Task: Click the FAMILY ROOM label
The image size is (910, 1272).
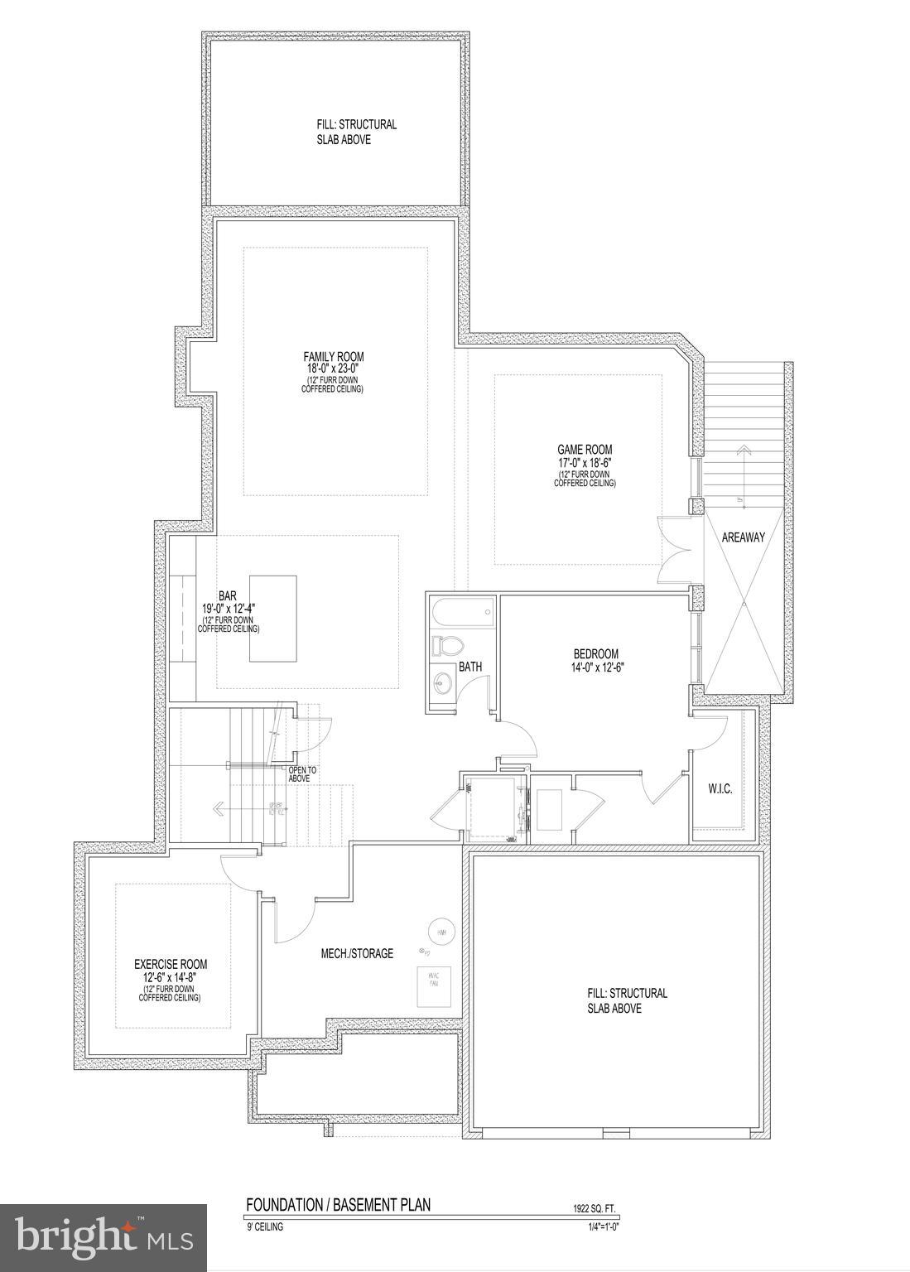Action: [x=333, y=357]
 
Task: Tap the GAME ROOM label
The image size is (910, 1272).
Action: [x=584, y=450]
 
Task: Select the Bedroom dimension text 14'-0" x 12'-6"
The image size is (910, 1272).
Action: [x=595, y=666]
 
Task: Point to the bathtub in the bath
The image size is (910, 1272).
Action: [x=462, y=614]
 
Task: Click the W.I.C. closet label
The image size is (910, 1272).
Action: [x=720, y=789]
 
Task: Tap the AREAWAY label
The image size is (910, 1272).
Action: [x=743, y=537]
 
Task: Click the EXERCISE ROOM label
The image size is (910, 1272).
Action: [x=171, y=964]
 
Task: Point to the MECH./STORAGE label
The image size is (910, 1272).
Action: [x=357, y=953]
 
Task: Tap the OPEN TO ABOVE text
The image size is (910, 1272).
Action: [x=302, y=773]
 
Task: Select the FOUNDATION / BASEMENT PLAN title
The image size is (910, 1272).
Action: [x=338, y=1205]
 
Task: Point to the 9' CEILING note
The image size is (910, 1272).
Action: [x=264, y=1227]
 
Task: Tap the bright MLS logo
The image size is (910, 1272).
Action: [x=104, y=1238]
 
